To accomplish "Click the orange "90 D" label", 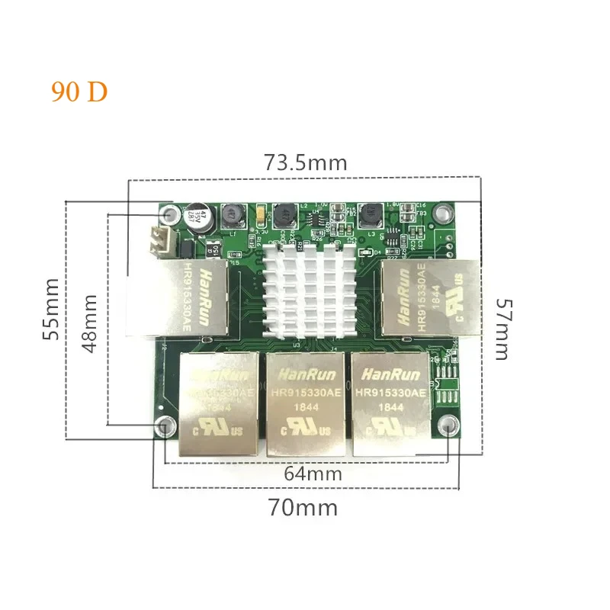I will (79, 91).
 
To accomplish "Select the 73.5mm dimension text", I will (305, 162).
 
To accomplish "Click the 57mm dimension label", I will (500, 327).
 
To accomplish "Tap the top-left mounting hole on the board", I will (171, 214).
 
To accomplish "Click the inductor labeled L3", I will (374, 212).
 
